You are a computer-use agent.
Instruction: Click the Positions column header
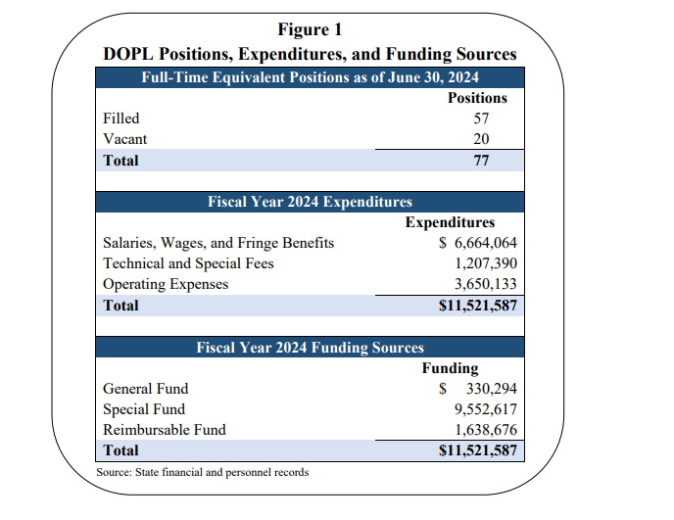click(x=477, y=98)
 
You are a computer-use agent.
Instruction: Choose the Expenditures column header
click(x=450, y=222)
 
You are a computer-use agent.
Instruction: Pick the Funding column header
click(x=450, y=368)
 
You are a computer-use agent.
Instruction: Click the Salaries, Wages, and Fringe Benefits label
click(x=218, y=243)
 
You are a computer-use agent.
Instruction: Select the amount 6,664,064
click(x=479, y=243)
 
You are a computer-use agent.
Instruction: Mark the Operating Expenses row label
click(x=166, y=284)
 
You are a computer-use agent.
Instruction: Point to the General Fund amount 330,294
click(x=486, y=389)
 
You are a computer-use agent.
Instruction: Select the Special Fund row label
click(x=144, y=409)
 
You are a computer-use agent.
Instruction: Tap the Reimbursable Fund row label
click(x=165, y=430)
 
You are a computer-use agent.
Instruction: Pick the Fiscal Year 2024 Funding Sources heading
click(x=310, y=348)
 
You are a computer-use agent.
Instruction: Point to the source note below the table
click(x=203, y=473)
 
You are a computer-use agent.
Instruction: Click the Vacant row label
click(x=125, y=139)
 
